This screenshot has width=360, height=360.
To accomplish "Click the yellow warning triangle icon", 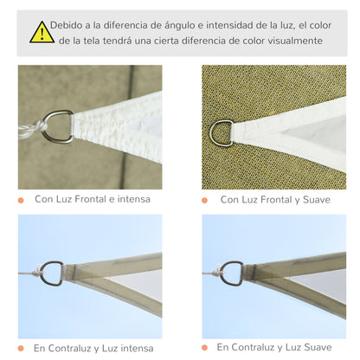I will point(42,33).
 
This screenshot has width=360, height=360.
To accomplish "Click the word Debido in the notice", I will point(68,24).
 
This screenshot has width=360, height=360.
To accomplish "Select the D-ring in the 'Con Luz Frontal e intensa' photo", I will point(59,126).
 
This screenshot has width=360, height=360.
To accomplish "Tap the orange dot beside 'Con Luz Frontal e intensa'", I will point(20,200).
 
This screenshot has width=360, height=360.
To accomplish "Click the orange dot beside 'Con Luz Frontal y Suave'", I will point(205,200).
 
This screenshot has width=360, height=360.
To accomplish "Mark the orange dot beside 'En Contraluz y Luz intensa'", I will point(20,348).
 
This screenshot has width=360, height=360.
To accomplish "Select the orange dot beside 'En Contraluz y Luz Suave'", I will point(205,348).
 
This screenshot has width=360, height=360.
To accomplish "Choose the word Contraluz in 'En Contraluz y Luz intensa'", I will point(75,347).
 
